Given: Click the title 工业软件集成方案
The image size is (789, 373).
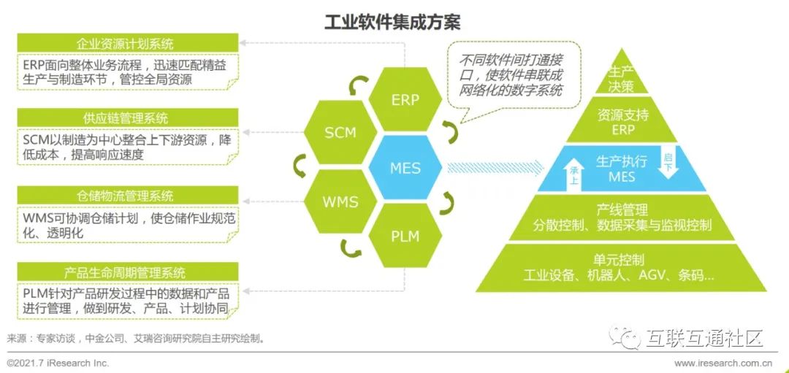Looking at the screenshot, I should pos(392,22).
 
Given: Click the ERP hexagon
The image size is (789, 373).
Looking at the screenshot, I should pos(405,100).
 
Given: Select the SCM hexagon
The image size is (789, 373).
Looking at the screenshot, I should pos(340,133).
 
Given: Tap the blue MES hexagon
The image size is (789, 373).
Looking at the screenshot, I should pos(405,168).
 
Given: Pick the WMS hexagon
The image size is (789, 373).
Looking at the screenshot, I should pos(340,201).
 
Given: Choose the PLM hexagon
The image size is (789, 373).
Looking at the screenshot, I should pos(405,235).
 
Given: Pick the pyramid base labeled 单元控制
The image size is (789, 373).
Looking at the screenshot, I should pos(620,267).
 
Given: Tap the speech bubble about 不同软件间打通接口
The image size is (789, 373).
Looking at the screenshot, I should pos(511,76).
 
